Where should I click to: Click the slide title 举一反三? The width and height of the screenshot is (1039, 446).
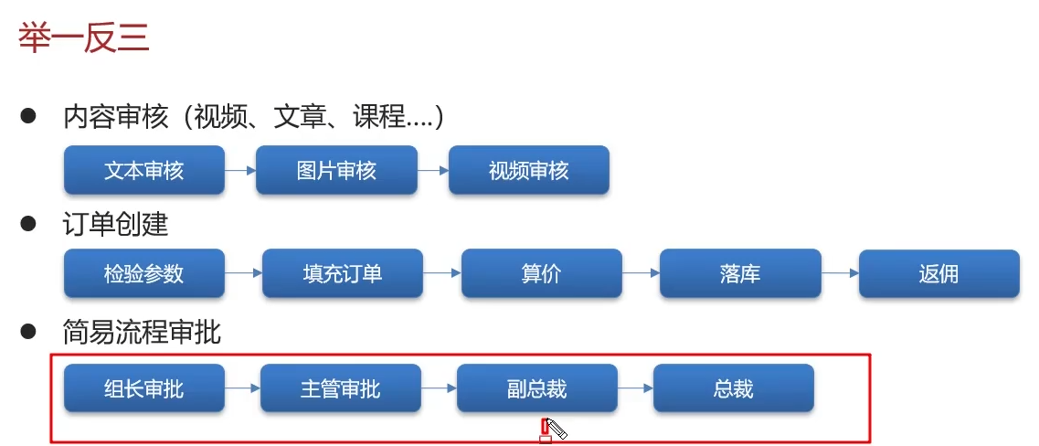83,38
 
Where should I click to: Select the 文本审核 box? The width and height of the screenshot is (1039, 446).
143,170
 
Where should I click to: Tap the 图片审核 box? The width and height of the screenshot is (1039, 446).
336,170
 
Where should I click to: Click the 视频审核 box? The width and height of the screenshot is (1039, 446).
528,170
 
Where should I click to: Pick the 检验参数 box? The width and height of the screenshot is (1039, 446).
143,273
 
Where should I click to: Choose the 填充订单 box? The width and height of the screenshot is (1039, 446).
343,273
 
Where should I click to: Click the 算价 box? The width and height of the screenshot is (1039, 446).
541,273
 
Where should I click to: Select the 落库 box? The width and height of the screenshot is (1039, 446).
739,273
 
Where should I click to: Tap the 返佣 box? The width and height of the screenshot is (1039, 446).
938,273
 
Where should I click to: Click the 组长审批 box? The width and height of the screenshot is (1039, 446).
143,388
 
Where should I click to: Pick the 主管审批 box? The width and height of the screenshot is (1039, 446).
340,388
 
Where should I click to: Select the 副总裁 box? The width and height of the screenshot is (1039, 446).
536,388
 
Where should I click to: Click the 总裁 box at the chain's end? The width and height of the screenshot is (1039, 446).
733,388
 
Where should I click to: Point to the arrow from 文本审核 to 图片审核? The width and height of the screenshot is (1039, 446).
240,170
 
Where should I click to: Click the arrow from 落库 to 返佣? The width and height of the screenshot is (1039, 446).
839,273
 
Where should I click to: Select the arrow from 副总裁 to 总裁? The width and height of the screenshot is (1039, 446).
635,388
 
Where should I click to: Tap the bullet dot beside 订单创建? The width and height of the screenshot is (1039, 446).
28,222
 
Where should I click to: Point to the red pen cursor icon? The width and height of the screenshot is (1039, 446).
551,429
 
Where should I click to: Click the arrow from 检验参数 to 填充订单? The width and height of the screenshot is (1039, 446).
243,273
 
